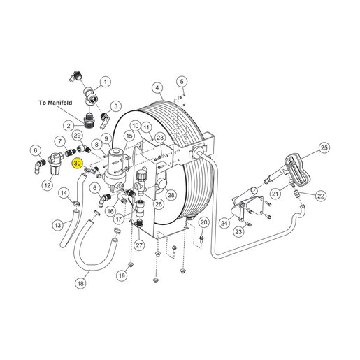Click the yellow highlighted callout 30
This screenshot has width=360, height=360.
(77, 163)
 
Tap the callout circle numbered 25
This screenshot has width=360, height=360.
(324, 147)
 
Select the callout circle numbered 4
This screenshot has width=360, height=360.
(157, 88)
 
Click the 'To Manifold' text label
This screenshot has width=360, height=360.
(55, 103)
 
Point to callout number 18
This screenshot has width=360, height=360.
(80, 283)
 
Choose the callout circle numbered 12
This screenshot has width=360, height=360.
(48, 185)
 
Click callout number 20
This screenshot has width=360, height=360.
(203, 222)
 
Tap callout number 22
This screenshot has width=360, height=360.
(321, 196)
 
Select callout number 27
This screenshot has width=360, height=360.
(139, 245)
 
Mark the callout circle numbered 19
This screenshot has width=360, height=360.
(122, 276)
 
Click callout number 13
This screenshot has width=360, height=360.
(58, 225)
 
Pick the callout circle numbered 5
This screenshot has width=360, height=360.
(182, 82)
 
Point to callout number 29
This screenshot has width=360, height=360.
(77, 136)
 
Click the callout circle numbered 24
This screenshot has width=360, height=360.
(224, 223)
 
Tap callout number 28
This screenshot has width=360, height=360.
(171, 195)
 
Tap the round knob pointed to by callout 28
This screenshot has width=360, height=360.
(161, 184)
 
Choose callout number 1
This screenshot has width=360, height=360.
(106, 82)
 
